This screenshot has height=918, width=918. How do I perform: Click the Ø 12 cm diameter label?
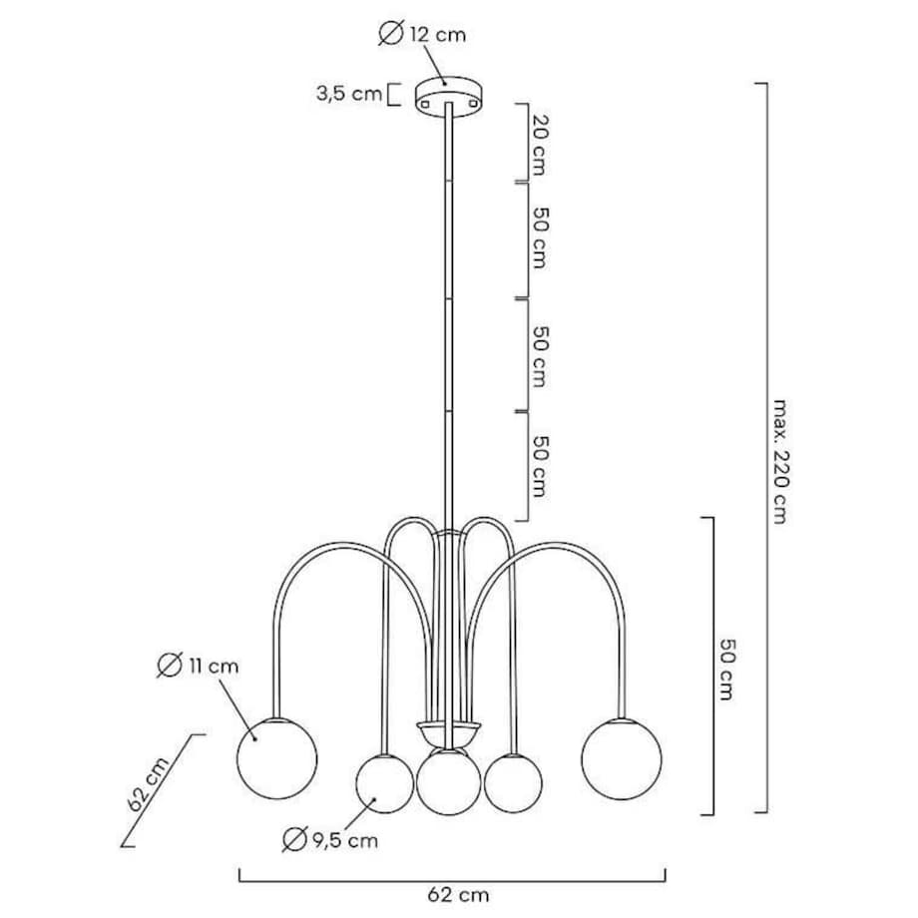point(422,35)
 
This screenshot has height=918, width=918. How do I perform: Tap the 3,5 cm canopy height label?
point(349,94)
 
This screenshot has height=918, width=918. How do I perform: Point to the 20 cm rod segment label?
point(540,144)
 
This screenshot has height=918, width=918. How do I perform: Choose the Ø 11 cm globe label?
point(199,667)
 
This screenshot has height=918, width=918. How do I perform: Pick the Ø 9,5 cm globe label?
point(330,840)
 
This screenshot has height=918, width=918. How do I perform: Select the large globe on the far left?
point(276,757)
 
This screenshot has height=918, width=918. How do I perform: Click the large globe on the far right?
point(621,757)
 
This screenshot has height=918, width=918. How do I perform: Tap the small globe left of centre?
point(385,783)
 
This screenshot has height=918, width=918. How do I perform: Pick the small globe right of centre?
point(513,783)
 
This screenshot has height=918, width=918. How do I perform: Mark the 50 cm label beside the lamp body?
point(725,668)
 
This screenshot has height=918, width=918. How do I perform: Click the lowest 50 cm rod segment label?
point(540,465)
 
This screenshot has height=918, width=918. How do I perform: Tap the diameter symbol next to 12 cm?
point(390,35)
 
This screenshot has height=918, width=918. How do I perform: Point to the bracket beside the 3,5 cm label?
point(393,94)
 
